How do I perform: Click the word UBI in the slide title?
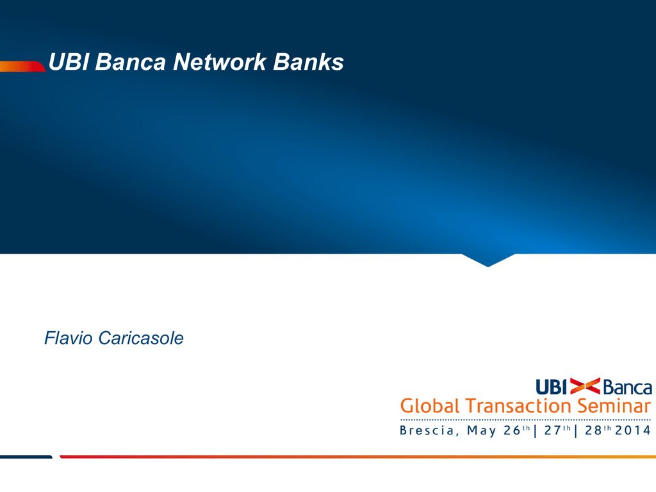click(x=69, y=62)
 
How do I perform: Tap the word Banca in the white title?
click(x=131, y=62)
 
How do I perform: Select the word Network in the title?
click(x=220, y=62)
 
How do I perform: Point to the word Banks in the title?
click(x=308, y=62)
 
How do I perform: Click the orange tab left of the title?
click(x=22, y=67)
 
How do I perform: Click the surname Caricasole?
click(x=141, y=338)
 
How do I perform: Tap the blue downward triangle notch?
click(x=488, y=259)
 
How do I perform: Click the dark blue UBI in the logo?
click(x=551, y=387)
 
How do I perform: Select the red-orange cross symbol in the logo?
click(x=585, y=386)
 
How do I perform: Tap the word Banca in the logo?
click(x=628, y=388)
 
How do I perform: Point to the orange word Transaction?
click(x=518, y=406)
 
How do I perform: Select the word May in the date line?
click(x=482, y=430)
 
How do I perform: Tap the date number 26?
click(x=512, y=430)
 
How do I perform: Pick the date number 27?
click(x=552, y=430)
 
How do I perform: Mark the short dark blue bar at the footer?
click(x=26, y=456)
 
